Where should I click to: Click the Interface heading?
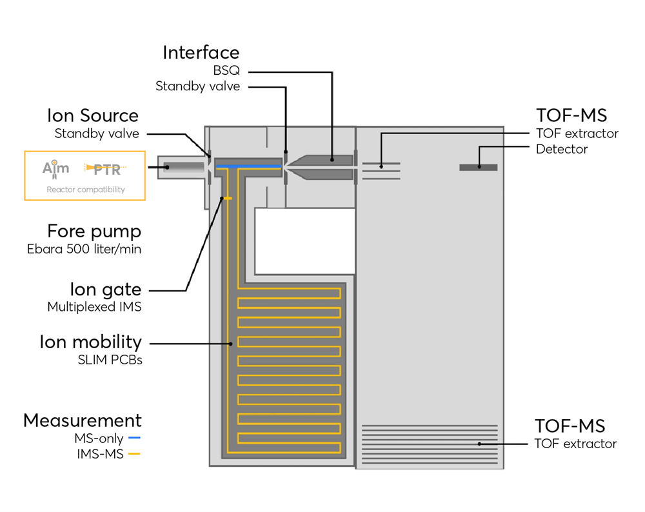[201, 52]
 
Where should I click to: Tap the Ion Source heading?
[92, 116]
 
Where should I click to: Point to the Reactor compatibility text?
[85, 190]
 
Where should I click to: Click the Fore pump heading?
[94, 231]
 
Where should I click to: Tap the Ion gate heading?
[105, 289]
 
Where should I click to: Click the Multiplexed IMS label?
[94, 307]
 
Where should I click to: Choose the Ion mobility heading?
[90, 342]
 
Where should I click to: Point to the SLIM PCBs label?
[110, 360]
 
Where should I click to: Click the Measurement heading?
[83, 420]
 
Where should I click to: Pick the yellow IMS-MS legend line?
[134, 455]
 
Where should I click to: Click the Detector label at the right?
[562, 150]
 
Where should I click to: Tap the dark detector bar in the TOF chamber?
[478, 168]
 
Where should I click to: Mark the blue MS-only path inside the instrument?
[249, 168]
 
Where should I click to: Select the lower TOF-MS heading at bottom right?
[570, 426]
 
